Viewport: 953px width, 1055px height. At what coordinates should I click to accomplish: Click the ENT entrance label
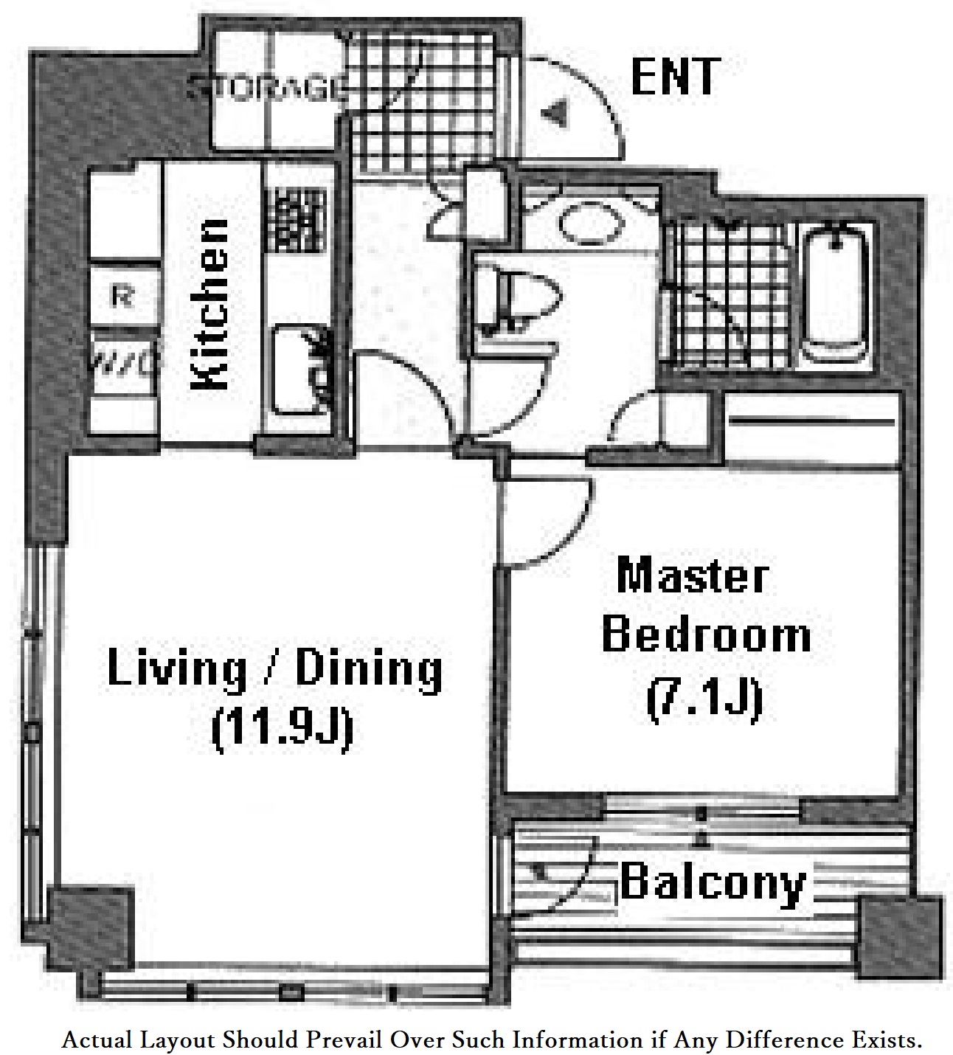pos(674,77)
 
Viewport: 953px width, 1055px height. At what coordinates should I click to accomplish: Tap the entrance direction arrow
pos(555,112)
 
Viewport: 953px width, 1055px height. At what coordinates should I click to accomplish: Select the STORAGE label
pos(267,89)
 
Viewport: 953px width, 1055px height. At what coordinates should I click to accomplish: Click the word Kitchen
pos(210,303)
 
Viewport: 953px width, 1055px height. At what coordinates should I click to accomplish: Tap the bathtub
pos(836,294)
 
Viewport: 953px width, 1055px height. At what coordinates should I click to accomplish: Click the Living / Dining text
pos(274,668)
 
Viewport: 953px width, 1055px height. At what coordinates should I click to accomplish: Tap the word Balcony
pos(712,882)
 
